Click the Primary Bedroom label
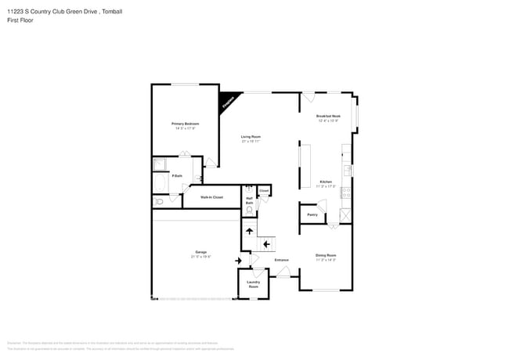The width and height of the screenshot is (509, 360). [x=186, y=125]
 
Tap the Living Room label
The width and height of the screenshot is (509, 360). [x=251, y=138]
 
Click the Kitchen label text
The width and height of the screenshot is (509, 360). [x=325, y=183]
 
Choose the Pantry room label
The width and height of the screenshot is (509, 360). [x=312, y=214]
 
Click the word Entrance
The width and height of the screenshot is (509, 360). [x=281, y=260]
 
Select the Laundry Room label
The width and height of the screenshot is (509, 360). [x=253, y=284]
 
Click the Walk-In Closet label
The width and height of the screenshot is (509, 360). [x=211, y=197]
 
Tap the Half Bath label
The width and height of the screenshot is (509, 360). [x=249, y=200]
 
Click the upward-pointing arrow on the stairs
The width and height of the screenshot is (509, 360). [x=249, y=229]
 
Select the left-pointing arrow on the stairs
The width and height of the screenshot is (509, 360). [x=266, y=244]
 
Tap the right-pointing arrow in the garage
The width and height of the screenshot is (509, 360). [x=238, y=260]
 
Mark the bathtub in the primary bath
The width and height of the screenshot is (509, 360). [x=159, y=185]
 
